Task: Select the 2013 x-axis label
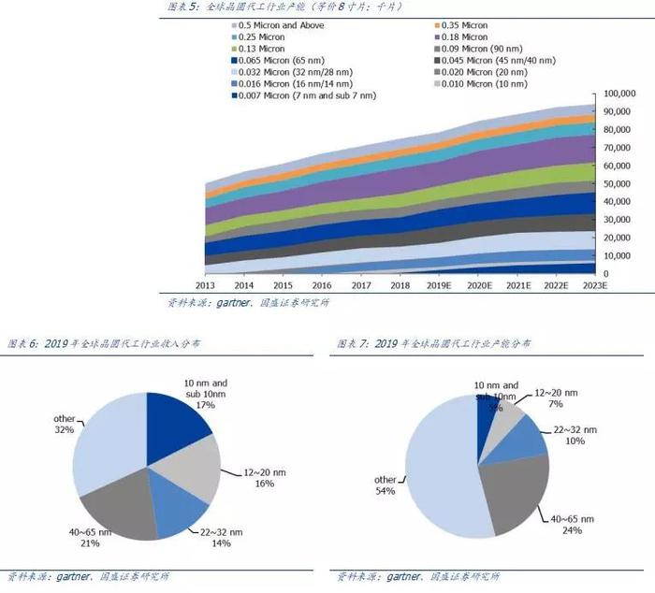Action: click(x=205, y=285)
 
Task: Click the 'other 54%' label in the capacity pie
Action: click(x=385, y=485)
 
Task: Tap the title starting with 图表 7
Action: click(x=432, y=344)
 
